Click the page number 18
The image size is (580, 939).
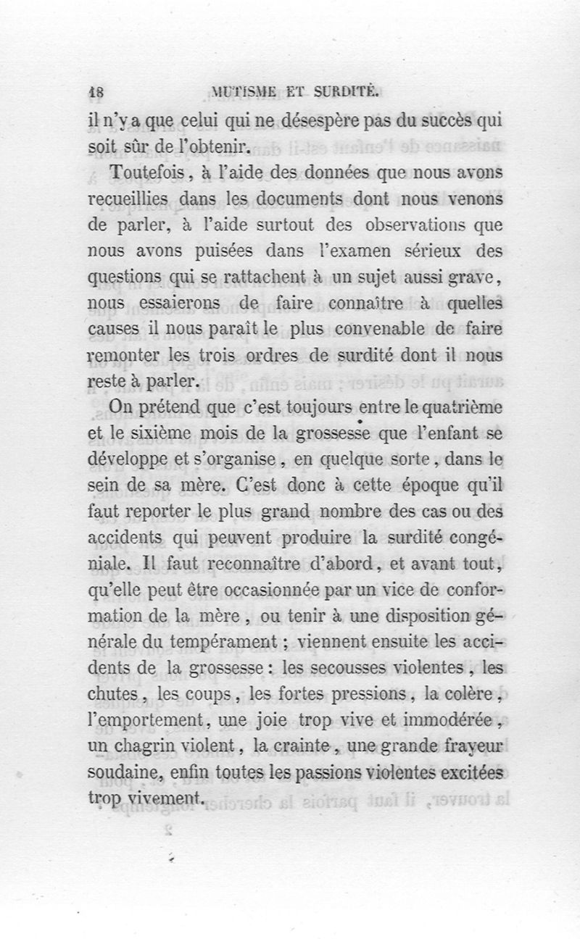click(96, 92)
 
